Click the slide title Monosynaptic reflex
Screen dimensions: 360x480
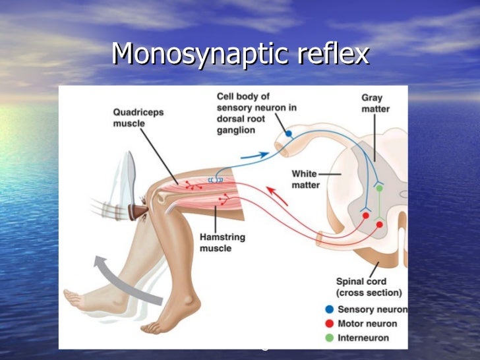pos(240,53)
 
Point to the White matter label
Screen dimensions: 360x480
pos(306,179)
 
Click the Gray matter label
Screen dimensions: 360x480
pos(375,104)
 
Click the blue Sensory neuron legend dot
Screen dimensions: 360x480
pos(329,309)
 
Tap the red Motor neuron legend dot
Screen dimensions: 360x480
pos(329,323)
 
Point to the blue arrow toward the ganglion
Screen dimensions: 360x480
pos(255,156)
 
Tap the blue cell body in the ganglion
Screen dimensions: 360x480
pos(288,134)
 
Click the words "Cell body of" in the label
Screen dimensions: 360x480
pos(243,98)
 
